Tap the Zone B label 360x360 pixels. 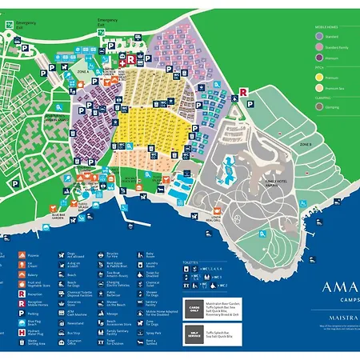coord(305,143)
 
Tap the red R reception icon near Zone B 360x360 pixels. coord(242,92)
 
